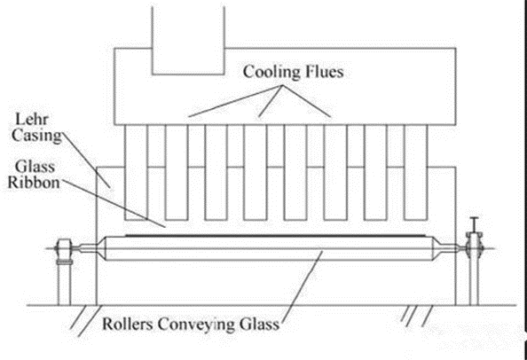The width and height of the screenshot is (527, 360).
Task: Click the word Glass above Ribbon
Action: click(35, 165)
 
